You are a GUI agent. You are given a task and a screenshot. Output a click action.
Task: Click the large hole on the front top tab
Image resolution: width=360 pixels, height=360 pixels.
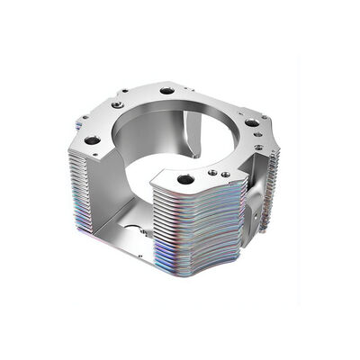(185, 179)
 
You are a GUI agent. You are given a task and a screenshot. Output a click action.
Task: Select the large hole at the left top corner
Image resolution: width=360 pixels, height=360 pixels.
(92, 140)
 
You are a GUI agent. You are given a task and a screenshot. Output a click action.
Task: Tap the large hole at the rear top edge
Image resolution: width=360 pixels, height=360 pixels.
(166, 91)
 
